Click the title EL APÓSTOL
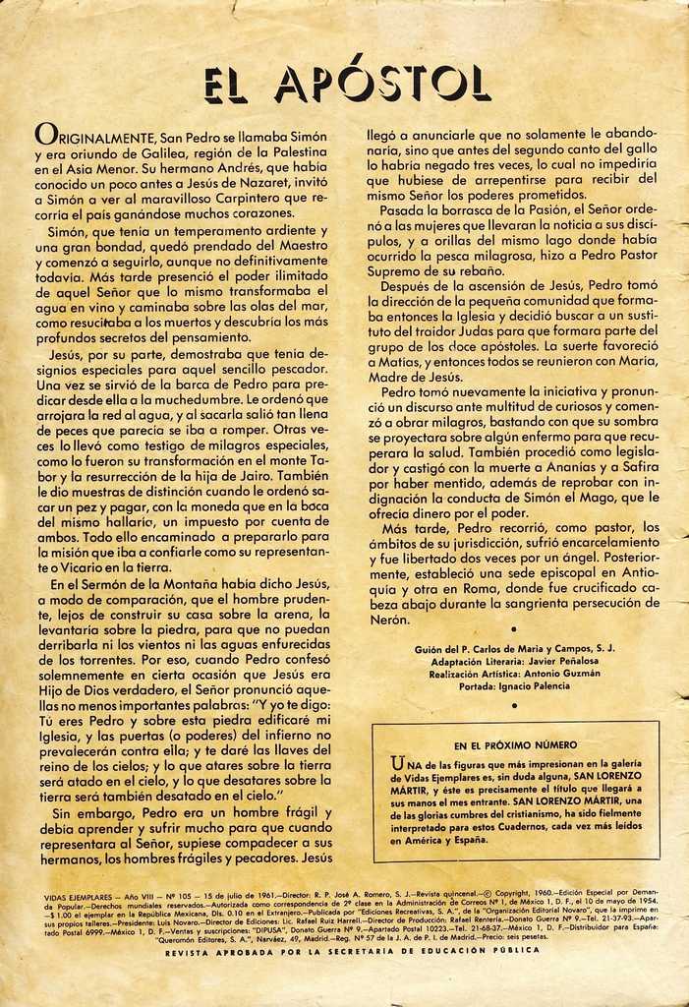[x=346, y=84]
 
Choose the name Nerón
[x=389, y=620]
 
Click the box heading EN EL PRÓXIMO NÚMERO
[x=515, y=745]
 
